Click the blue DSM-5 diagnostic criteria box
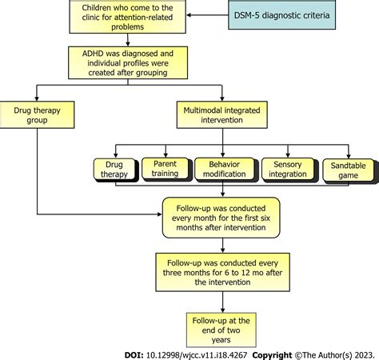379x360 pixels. [282, 15]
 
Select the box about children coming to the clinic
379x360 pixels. [128, 17]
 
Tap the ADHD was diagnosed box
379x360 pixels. [128, 62]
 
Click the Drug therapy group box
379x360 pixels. [37, 114]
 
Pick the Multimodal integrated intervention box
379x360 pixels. [222, 114]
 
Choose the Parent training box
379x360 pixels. [166, 169]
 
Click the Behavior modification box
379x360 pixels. [225, 169]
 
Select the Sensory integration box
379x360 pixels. [288, 169]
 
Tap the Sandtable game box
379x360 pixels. [348, 170]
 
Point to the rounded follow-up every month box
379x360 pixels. [221, 218]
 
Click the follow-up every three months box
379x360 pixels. [223, 272]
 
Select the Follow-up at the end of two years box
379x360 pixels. [221, 330]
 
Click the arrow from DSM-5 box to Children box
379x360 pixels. [207, 15]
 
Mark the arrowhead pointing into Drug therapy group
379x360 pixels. [37, 98]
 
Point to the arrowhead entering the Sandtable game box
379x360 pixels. [349, 156]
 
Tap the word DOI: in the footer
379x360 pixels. [134, 355]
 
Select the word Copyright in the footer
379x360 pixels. [272, 355]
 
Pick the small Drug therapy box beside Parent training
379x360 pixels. [114, 169]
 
